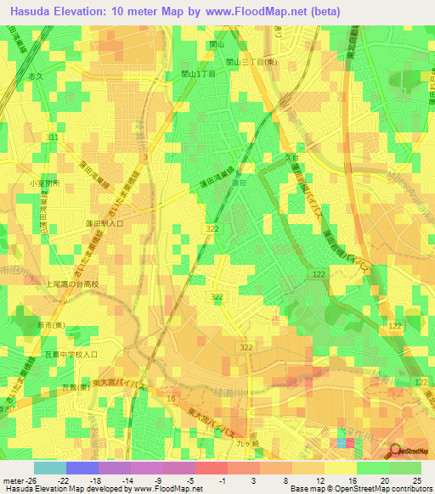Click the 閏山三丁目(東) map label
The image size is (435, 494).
251,62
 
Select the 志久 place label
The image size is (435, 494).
59,76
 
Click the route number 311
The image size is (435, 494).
54,137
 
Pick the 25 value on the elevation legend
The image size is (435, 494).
418,480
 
